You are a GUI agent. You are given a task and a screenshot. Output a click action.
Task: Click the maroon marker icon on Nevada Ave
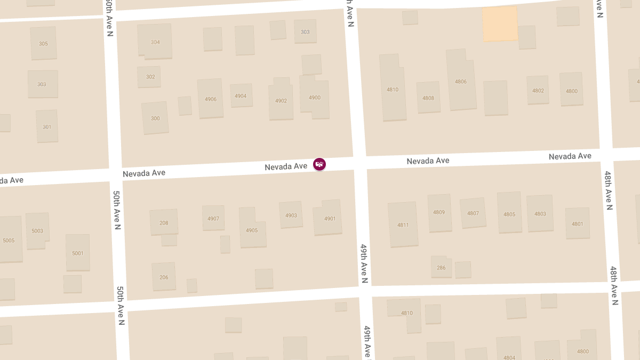coord(319,164)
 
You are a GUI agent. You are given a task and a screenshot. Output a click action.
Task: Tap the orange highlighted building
coord(500,23)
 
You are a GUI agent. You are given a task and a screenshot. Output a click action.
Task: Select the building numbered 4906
coord(211,99)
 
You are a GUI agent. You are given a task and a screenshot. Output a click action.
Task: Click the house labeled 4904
coord(241,95)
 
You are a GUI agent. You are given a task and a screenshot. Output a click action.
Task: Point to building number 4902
coord(281,100)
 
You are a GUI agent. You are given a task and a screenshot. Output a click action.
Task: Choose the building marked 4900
coord(315,98)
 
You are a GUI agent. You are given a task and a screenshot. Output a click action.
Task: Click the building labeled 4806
coord(460,82)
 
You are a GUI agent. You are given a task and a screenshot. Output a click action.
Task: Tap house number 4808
coord(428,98)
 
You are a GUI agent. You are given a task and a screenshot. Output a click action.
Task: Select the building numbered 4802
coord(538,90)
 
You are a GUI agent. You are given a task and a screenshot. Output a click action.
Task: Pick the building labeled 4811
coord(403,225)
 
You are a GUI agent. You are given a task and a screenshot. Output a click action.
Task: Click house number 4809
coord(439,212)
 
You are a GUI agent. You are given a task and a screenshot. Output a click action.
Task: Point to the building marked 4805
coord(509,214)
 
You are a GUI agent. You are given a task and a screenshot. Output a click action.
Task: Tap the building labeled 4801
coord(577,223)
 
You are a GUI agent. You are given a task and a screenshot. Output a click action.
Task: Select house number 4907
coord(213,218)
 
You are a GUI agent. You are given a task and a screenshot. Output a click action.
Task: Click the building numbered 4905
coord(252,230)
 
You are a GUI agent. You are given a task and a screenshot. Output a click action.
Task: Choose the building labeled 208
coord(164,222)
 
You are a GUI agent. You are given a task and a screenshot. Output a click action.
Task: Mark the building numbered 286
coord(441,267)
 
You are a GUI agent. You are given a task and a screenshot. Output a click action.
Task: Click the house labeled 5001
coord(78,253)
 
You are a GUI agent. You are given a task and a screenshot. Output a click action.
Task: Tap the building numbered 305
coord(43,43)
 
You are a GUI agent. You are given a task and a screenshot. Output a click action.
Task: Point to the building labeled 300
coord(155,118)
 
